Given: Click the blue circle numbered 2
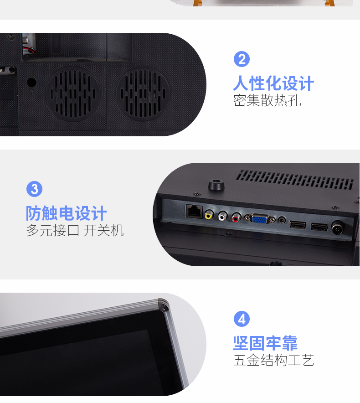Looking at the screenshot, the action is [x=242, y=59].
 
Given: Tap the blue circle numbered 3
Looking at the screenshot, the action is [x=35, y=189].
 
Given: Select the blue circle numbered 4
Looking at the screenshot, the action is [x=242, y=319].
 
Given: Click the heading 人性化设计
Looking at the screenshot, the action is [x=274, y=83].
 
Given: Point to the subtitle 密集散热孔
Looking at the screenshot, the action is [x=267, y=100].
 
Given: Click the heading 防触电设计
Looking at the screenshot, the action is [x=66, y=213].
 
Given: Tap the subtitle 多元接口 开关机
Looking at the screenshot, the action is [x=75, y=230].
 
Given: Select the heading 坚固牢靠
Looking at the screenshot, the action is [x=265, y=343].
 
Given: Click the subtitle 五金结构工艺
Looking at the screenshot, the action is [x=274, y=360].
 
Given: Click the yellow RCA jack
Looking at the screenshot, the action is [x=209, y=215].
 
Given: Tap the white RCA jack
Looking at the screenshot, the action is [x=222, y=216].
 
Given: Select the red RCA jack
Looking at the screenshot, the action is [x=236, y=217].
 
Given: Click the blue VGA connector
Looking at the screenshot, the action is [x=260, y=219].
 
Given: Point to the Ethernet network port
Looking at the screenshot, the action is [x=194, y=212].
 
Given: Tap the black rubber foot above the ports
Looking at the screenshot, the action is [x=216, y=185].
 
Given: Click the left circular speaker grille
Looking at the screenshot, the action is [x=73, y=94].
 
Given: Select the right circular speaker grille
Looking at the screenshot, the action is [x=143, y=93].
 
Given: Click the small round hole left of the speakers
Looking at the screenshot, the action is [x=31, y=83].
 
